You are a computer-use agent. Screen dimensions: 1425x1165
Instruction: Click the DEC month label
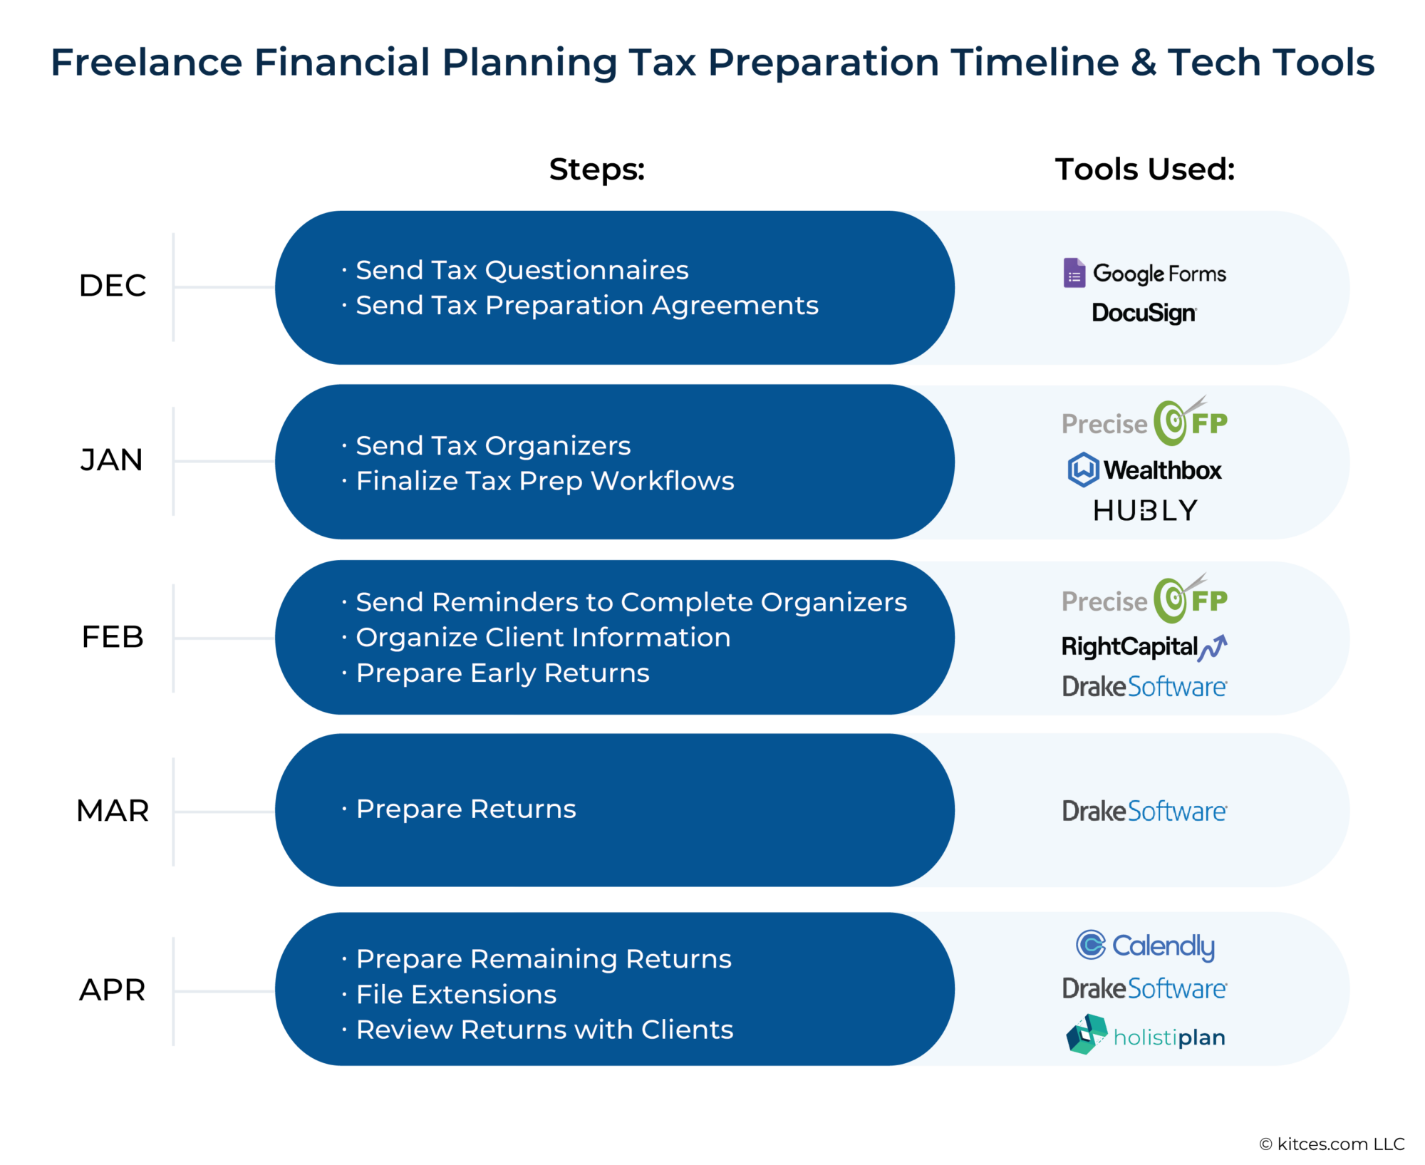[113, 286]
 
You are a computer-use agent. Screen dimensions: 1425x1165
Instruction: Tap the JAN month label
[112, 460]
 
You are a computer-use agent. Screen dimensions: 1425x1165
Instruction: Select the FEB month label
[113, 637]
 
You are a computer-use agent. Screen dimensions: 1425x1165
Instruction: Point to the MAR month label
[113, 811]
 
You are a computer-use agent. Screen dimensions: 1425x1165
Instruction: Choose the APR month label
[113, 990]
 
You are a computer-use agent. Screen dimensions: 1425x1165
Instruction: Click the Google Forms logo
[1145, 273]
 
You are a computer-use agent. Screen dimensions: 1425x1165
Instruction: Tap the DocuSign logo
[1144, 313]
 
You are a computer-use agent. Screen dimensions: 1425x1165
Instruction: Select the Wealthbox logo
[1144, 470]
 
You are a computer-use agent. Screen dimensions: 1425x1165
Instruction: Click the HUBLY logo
[1145, 510]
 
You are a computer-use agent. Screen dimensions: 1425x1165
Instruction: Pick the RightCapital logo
[1144, 646]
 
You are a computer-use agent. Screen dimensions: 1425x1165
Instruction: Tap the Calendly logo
[1145, 946]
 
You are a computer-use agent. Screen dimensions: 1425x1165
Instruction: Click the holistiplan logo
[1146, 1035]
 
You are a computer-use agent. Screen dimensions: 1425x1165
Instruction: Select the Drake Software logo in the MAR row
[1144, 811]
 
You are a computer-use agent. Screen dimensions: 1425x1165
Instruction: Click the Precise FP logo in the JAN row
[1144, 421]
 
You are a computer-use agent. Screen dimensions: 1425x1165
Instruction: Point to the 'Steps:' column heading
[597, 170]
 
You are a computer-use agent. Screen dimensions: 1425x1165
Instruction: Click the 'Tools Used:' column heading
[1145, 170]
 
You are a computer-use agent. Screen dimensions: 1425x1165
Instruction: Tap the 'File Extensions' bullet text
[456, 994]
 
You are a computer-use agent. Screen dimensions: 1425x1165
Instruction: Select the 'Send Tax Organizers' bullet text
[493, 446]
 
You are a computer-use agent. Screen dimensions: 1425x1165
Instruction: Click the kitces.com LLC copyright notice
[1332, 1144]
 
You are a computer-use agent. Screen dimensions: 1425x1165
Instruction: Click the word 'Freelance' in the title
[147, 62]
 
